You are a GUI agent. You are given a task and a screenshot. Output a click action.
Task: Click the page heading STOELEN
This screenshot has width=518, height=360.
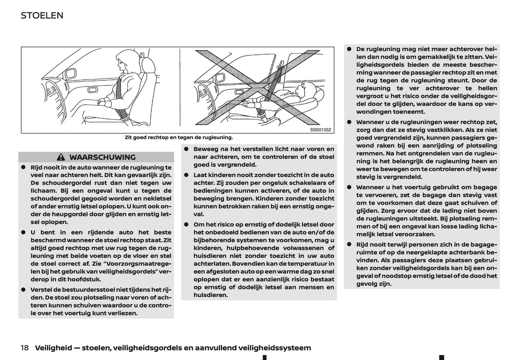[x=42, y=15]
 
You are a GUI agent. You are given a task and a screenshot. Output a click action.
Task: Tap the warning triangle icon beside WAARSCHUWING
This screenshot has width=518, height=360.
[x=61, y=157]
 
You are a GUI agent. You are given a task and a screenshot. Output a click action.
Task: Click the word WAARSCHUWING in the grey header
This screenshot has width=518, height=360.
[x=102, y=157]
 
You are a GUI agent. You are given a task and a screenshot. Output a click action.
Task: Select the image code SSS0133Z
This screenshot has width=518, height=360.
[x=320, y=130]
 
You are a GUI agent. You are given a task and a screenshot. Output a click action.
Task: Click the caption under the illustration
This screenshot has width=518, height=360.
[x=179, y=137]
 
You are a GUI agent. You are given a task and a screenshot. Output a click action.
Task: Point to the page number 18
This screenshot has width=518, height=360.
[x=25, y=347]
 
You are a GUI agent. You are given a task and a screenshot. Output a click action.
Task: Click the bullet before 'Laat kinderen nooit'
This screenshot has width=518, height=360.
[x=186, y=175]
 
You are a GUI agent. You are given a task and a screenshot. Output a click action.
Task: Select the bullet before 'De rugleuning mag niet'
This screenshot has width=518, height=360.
[x=349, y=49]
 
